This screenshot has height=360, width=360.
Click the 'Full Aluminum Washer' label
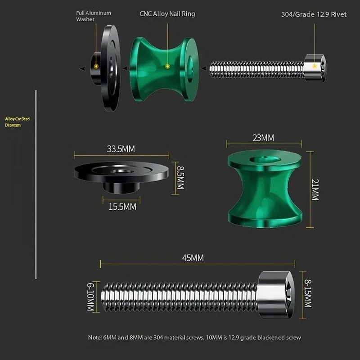click(94, 16)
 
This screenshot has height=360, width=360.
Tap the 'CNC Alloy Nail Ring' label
click(167, 14)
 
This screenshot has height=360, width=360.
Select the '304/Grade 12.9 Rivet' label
click(314, 14)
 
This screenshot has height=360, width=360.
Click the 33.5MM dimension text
click(121, 149)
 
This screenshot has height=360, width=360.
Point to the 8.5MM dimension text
click(180, 178)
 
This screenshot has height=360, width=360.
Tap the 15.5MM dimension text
click(122, 207)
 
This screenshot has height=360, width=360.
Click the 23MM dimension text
click(263, 138)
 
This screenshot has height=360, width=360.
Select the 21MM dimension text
click(315, 189)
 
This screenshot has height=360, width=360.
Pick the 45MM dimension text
click(193, 258)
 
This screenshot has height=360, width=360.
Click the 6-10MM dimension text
click(91, 297)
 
